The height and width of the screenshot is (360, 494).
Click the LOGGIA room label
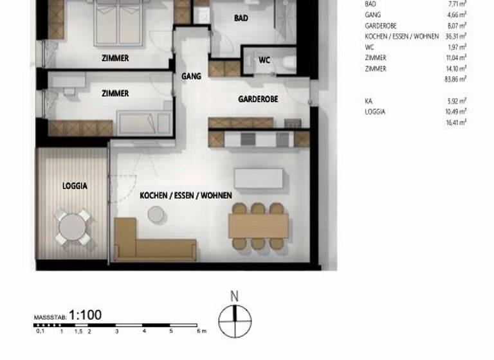[75, 186]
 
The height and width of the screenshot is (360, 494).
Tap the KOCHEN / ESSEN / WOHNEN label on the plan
[186, 195]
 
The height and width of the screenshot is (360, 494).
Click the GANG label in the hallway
[191, 76]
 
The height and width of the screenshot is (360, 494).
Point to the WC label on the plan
[264, 60]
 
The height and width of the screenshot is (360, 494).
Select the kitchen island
[259, 178]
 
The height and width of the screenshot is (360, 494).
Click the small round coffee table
[156, 216]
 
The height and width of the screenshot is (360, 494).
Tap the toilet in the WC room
[288, 62]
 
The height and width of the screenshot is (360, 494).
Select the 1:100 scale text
[85, 316]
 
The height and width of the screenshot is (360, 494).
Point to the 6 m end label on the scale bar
[201, 332]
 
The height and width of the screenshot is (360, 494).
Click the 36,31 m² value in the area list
[455, 37]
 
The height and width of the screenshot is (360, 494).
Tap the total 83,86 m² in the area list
[455, 79]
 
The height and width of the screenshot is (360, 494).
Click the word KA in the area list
[369, 101]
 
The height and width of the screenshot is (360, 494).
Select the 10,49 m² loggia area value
[455, 111]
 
